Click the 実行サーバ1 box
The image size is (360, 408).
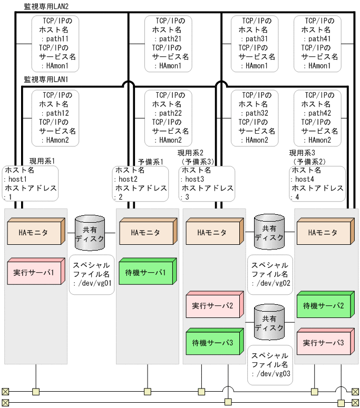coord(34,273)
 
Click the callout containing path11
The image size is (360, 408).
coord(55,43)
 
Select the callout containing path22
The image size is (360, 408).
coord(168,118)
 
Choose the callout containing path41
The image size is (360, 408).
coord(317,43)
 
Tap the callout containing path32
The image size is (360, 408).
coord(254,118)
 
